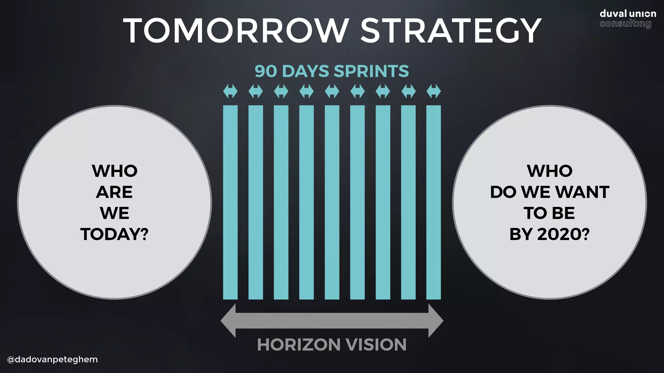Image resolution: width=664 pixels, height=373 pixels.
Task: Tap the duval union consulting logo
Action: (627, 19)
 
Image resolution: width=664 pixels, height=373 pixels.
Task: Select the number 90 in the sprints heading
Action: (266, 71)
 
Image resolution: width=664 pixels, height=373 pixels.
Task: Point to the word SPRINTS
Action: (371, 71)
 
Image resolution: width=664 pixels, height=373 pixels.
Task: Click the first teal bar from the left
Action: (230, 202)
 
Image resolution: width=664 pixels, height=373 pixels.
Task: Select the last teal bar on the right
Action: (433, 202)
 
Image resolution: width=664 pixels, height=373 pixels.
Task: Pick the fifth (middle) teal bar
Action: (332, 202)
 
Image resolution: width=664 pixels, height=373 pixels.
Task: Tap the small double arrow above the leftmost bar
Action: (230, 91)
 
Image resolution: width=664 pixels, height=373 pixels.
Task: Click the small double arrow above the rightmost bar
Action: (433, 91)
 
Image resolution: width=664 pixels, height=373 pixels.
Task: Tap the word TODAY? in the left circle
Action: (114, 234)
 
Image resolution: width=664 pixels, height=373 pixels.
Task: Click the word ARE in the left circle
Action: (114, 192)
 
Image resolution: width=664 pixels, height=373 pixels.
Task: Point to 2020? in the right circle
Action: (563, 234)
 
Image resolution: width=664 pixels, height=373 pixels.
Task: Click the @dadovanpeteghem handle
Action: (52, 359)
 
